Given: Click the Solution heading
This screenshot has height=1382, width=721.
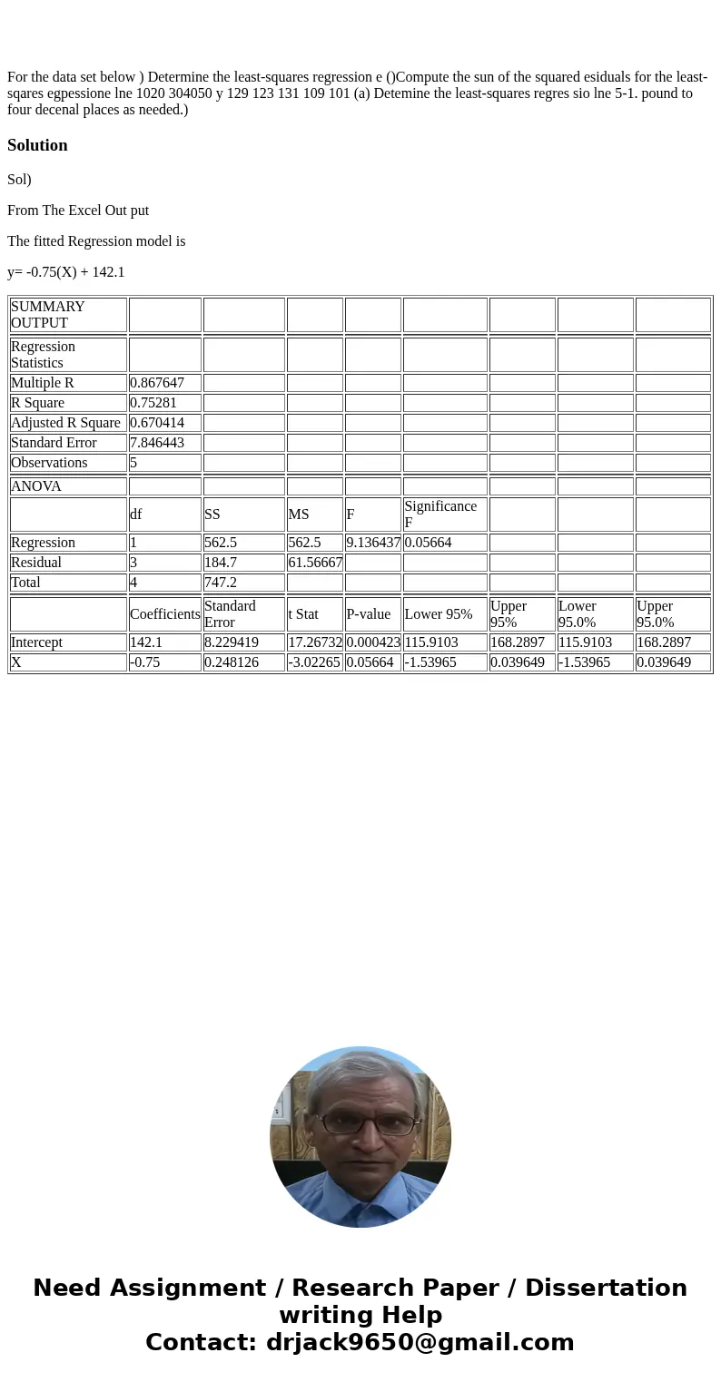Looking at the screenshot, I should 37,145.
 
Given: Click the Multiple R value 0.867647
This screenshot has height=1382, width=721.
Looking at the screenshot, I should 157,383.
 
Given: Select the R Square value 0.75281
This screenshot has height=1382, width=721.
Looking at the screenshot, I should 153,403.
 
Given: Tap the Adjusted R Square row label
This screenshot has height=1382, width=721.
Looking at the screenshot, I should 65,423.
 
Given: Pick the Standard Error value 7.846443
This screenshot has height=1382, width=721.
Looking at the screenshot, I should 157,443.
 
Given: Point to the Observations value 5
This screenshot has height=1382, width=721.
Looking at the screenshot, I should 133,463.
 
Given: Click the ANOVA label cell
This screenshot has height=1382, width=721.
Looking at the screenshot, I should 36,486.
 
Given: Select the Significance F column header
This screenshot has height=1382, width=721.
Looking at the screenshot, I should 440,515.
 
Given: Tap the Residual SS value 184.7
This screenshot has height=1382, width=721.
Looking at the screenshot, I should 221,563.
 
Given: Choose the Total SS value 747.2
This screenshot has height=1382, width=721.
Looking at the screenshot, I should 221,583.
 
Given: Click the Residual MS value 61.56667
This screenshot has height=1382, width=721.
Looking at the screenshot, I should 315,563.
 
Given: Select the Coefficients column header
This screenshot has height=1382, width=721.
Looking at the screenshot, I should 164,614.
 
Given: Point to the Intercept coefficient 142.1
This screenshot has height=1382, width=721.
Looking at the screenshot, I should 146,642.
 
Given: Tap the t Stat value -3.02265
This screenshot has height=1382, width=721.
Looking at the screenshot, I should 314,662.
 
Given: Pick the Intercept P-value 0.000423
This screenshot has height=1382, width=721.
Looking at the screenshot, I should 373,642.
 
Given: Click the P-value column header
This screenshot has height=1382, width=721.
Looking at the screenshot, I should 368,614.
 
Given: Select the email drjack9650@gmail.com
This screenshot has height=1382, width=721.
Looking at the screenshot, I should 420,1342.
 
